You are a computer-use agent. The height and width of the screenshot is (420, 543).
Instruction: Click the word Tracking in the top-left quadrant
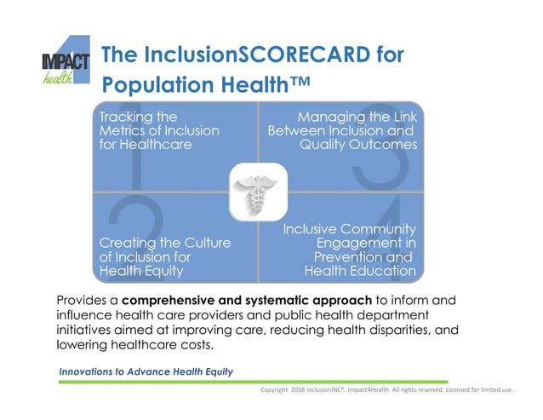[127, 117]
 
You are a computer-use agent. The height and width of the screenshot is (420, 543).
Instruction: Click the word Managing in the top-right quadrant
[334, 117]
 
